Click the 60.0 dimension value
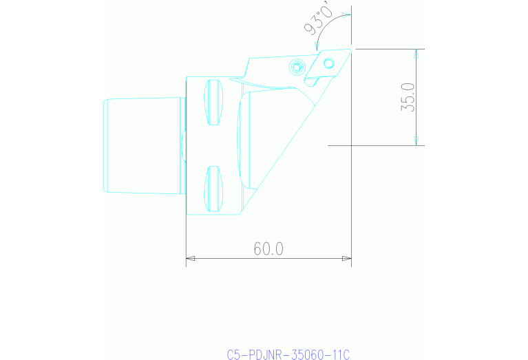pyautogui.click(x=268, y=248)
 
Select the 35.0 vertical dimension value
pyautogui.click(x=408, y=97)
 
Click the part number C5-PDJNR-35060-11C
pyautogui.click(x=288, y=354)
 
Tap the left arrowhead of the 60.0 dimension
pyautogui.click(x=191, y=259)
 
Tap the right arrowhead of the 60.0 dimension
pyautogui.click(x=346, y=259)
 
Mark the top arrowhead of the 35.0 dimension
pyautogui.click(x=416, y=54)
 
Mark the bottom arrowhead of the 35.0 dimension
pyautogui.click(x=416, y=140)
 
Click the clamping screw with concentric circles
pyautogui.click(x=297, y=67)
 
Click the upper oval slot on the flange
pyautogui.click(x=214, y=103)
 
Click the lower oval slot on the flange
pyautogui.click(x=214, y=189)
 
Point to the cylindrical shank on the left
pyautogui.click(x=142, y=145)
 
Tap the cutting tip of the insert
pyautogui.click(x=350, y=49)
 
